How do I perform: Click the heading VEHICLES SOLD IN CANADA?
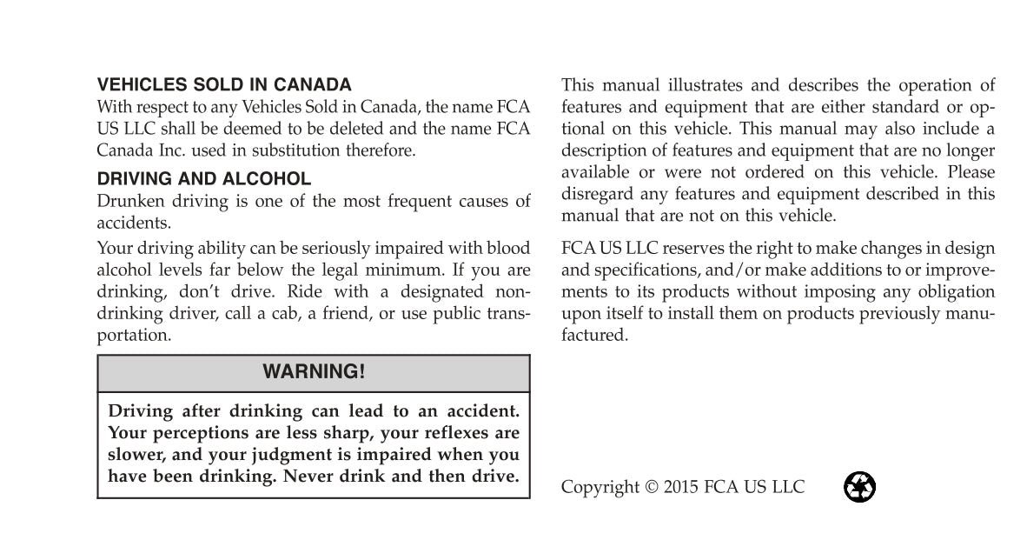(224, 85)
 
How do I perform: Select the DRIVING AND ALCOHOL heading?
(203, 179)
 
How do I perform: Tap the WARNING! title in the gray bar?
(314, 372)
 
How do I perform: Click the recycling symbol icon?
(859, 487)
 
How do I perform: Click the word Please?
(971, 172)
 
